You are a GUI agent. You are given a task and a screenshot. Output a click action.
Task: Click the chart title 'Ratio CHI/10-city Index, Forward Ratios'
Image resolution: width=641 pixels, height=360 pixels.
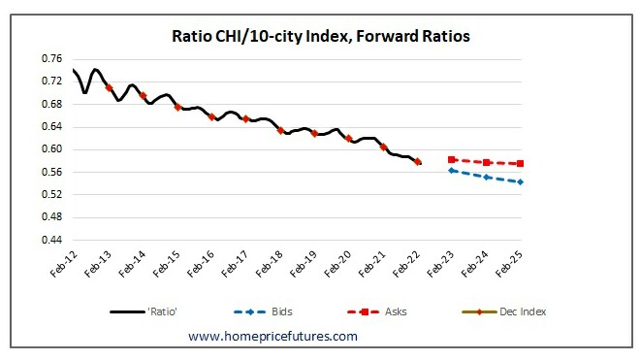click(x=319, y=38)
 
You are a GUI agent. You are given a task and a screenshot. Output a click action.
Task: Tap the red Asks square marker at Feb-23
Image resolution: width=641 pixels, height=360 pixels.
click(x=452, y=159)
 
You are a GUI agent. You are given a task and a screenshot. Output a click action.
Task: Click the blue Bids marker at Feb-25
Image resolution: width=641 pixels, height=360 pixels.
click(x=521, y=181)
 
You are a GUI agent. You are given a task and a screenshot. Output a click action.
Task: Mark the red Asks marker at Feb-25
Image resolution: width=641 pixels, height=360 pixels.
click(x=521, y=164)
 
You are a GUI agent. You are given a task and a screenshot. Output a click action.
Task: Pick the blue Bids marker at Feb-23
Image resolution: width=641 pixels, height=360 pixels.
click(x=452, y=170)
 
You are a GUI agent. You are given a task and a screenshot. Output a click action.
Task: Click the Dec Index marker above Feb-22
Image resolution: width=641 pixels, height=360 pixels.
click(x=418, y=162)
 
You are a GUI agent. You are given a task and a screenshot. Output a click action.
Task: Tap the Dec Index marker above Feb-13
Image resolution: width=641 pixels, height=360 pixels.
click(x=109, y=87)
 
